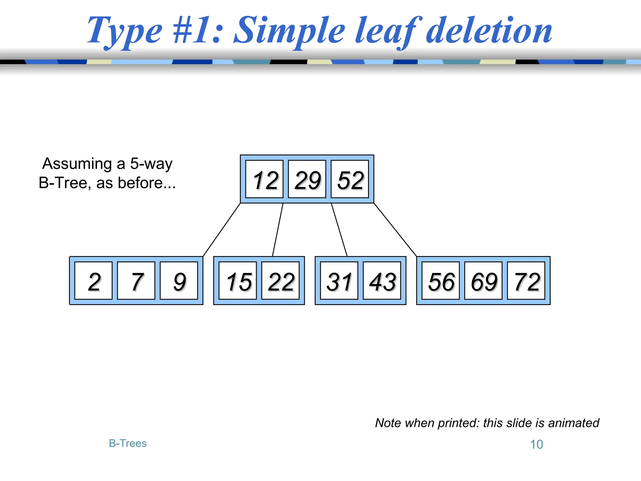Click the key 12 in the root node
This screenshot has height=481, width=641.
pyautogui.click(x=264, y=179)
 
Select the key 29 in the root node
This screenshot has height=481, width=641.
pyautogui.click(x=307, y=179)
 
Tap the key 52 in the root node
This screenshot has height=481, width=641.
pyautogui.click(x=350, y=179)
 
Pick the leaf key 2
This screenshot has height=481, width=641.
pyautogui.click(x=94, y=281)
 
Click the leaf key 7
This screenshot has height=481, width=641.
pyautogui.click(x=136, y=281)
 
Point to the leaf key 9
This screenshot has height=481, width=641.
pyautogui.click(x=179, y=281)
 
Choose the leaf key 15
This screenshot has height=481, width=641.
pyautogui.click(x=238, y=281)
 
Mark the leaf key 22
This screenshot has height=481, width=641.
pyautogui.click(x=280, y=281)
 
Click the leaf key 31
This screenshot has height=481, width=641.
pyautogui.click(x=339, y=281)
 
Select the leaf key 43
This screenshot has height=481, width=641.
pyautogui.click(x=382, y=281)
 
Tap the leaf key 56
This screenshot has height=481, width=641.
pyautogui.click(x=441, y=281)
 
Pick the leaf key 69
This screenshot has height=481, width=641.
pyautogui.click(x=484, y=281)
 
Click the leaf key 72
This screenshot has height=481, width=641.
pyautogui.click(x=526, y=281)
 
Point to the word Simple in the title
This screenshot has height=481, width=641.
pyautogui.click(x=290, y=31)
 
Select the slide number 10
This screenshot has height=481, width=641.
pyautogui.click(x=536, y=444)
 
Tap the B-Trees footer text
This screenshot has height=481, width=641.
pyautogui.click(x=128, y=443)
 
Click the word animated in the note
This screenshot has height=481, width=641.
pyautogui.click(x=573, y=423)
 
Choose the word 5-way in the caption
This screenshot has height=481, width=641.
pyautogui.click(x=151, y=164)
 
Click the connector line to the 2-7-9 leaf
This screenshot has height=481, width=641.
pyautogui.click(x=222, y=230)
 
